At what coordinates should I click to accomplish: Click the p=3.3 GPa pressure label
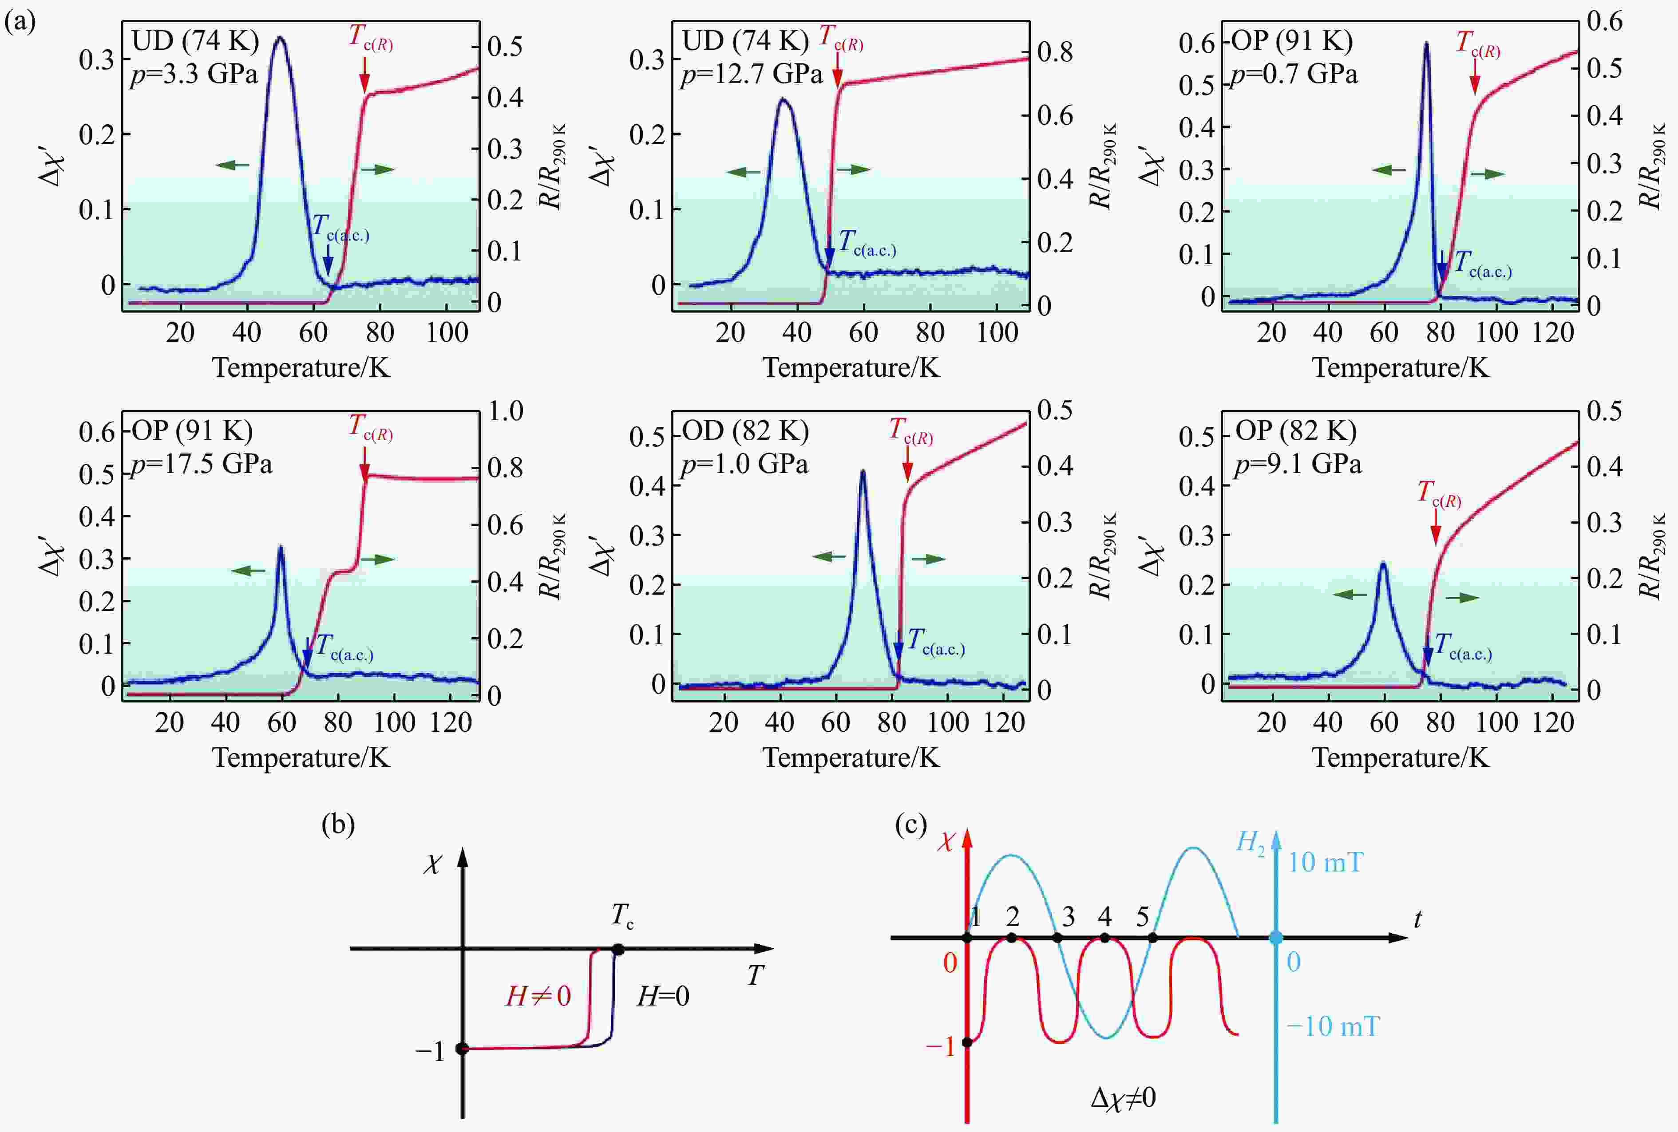(x=194, y=75)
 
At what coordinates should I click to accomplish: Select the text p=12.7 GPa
(x=751, y=75)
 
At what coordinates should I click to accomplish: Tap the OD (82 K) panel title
(x=745, y=431)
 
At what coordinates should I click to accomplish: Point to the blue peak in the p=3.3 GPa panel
(x=279, y=38)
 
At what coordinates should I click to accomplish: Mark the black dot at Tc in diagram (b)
(x=618, y=949)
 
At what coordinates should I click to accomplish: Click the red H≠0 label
(x=538, y=996)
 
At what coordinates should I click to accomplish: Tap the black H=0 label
(x=663, y=996)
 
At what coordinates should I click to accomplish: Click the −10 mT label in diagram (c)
(x=1333, y=1026)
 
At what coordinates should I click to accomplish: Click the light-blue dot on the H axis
(x=1276, y=938)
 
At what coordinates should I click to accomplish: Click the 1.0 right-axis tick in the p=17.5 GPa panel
(x=506, y=411)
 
